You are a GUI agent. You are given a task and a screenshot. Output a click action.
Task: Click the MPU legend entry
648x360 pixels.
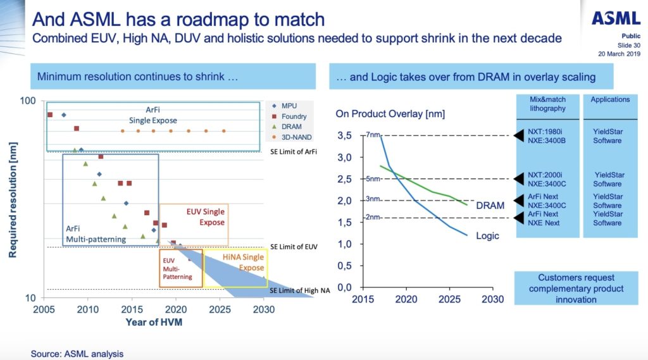[287, 106]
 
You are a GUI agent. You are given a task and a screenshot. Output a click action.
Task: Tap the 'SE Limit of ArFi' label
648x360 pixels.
[293, 152]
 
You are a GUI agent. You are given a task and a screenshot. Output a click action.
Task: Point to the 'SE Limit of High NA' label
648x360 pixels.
[299, 290]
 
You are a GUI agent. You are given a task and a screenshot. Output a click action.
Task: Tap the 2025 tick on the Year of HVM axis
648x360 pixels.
[219, 310]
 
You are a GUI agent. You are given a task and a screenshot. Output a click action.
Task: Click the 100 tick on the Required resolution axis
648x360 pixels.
[27, 101]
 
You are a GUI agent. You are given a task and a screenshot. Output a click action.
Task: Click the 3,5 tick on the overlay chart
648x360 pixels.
[344, 135]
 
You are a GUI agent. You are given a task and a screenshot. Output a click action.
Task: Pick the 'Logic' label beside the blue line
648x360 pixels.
[487, 236]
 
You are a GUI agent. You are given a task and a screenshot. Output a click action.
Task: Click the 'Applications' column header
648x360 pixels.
[609, 99]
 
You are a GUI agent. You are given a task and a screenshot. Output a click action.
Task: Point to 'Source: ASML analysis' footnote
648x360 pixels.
[77, 354]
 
